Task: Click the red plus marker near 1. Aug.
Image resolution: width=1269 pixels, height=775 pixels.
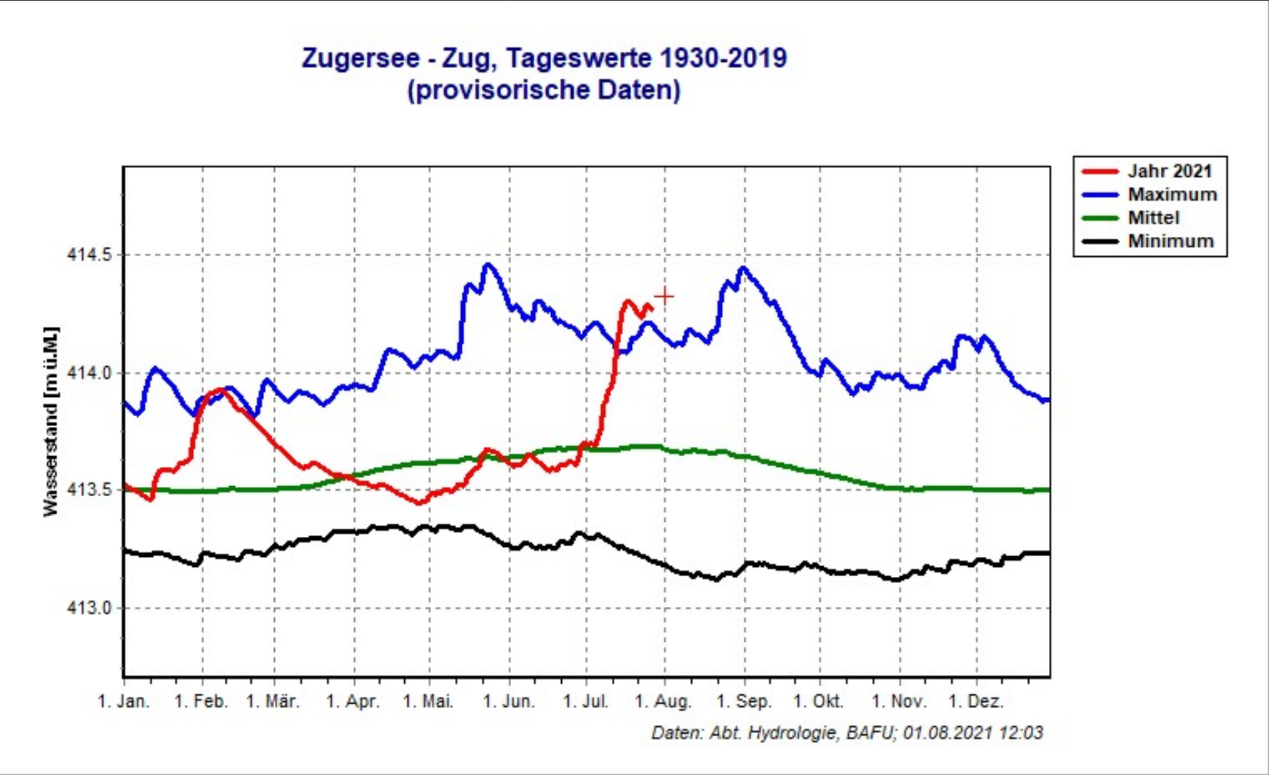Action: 664,296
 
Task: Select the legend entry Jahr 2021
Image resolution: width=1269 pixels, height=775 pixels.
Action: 1169,171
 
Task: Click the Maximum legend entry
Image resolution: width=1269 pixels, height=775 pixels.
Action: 1172,195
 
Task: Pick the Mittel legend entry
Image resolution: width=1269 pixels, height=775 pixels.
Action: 1154,218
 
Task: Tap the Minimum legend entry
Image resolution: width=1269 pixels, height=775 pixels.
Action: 1171,241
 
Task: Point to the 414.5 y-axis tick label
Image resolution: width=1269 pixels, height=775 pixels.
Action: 89,255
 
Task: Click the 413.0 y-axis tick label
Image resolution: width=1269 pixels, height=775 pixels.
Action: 89,608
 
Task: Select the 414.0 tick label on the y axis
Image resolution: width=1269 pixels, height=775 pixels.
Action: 89,373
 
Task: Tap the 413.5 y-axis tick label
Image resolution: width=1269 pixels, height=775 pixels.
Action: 89,490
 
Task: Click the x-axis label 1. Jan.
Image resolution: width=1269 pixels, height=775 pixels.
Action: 124,702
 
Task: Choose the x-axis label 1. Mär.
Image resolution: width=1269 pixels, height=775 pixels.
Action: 273,702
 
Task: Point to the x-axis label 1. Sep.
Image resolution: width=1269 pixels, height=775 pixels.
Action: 744,702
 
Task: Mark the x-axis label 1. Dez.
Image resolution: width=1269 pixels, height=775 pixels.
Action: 976,702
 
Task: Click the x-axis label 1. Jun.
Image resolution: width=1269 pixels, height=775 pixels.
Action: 508,702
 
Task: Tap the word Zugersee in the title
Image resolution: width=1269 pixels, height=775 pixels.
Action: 360,58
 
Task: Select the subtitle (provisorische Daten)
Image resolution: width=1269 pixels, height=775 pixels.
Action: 544,90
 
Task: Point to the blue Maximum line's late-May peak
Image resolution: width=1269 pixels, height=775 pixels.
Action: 489,265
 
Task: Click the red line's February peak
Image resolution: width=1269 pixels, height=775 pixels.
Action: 219,390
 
